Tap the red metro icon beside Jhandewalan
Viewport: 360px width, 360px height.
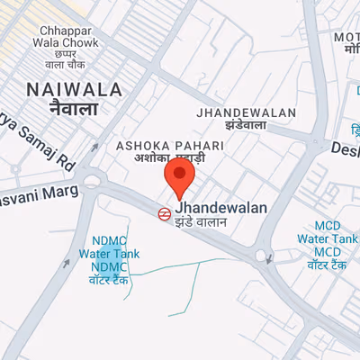(164, 214)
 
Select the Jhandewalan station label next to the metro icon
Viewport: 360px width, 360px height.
(221, 208)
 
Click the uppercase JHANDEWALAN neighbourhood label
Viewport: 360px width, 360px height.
(247, 112)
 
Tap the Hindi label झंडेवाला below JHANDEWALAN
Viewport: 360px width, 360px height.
(247, 127)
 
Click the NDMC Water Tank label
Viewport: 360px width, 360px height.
(109, 254)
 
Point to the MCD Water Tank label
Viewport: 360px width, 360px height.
(329, 238)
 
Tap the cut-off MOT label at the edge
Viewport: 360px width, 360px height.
(346, 37)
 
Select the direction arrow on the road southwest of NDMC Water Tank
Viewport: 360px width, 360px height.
(67, 265)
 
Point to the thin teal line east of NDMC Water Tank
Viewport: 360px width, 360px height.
(180, 265)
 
